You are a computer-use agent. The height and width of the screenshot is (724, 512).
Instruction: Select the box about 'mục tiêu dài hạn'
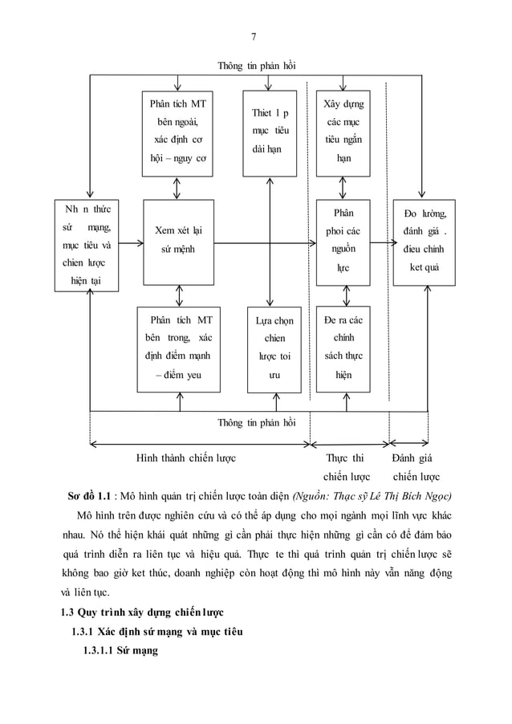click(270, 133)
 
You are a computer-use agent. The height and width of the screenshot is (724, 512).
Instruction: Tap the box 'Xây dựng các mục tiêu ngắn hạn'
click(343, 133)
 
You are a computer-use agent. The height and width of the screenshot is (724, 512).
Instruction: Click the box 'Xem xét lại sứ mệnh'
click(177, 241)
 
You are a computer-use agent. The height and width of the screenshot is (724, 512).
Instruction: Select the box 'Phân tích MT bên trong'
click(177, 349)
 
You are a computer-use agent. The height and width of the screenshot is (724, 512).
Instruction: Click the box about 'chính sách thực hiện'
click(343, 349)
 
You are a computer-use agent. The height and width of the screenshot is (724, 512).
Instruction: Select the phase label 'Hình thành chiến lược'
click(185, 458)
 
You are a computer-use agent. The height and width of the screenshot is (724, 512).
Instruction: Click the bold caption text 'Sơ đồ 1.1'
click(91, 494)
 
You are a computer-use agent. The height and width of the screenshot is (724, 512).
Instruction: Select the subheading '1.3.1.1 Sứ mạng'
click(121, 651)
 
